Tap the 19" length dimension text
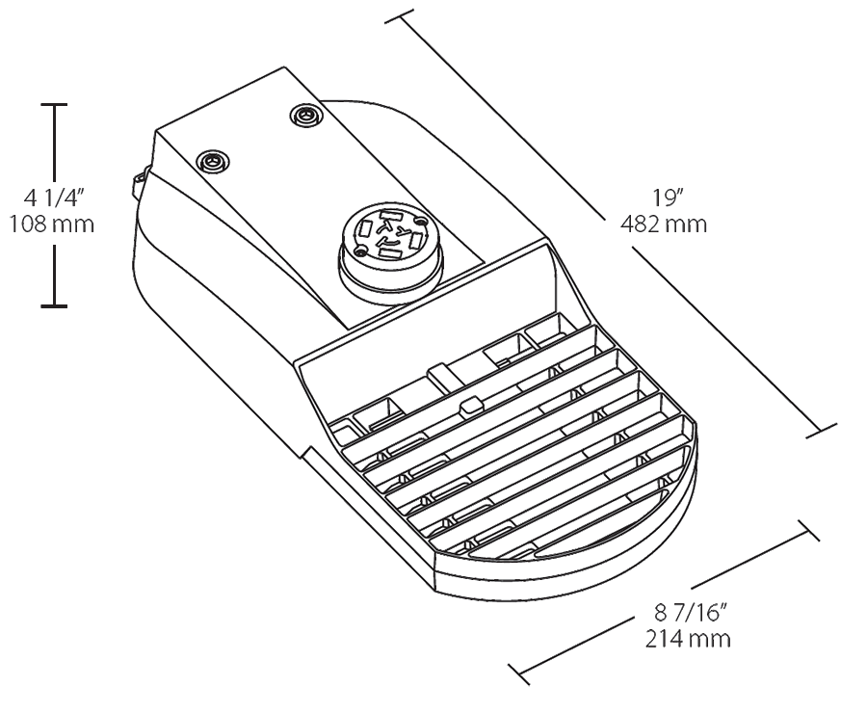pos(666,198)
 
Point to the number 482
pos(647,225)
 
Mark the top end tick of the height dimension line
pos(53,103)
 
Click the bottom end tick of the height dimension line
pos(53,307)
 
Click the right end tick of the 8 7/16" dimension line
pos(807,532)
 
